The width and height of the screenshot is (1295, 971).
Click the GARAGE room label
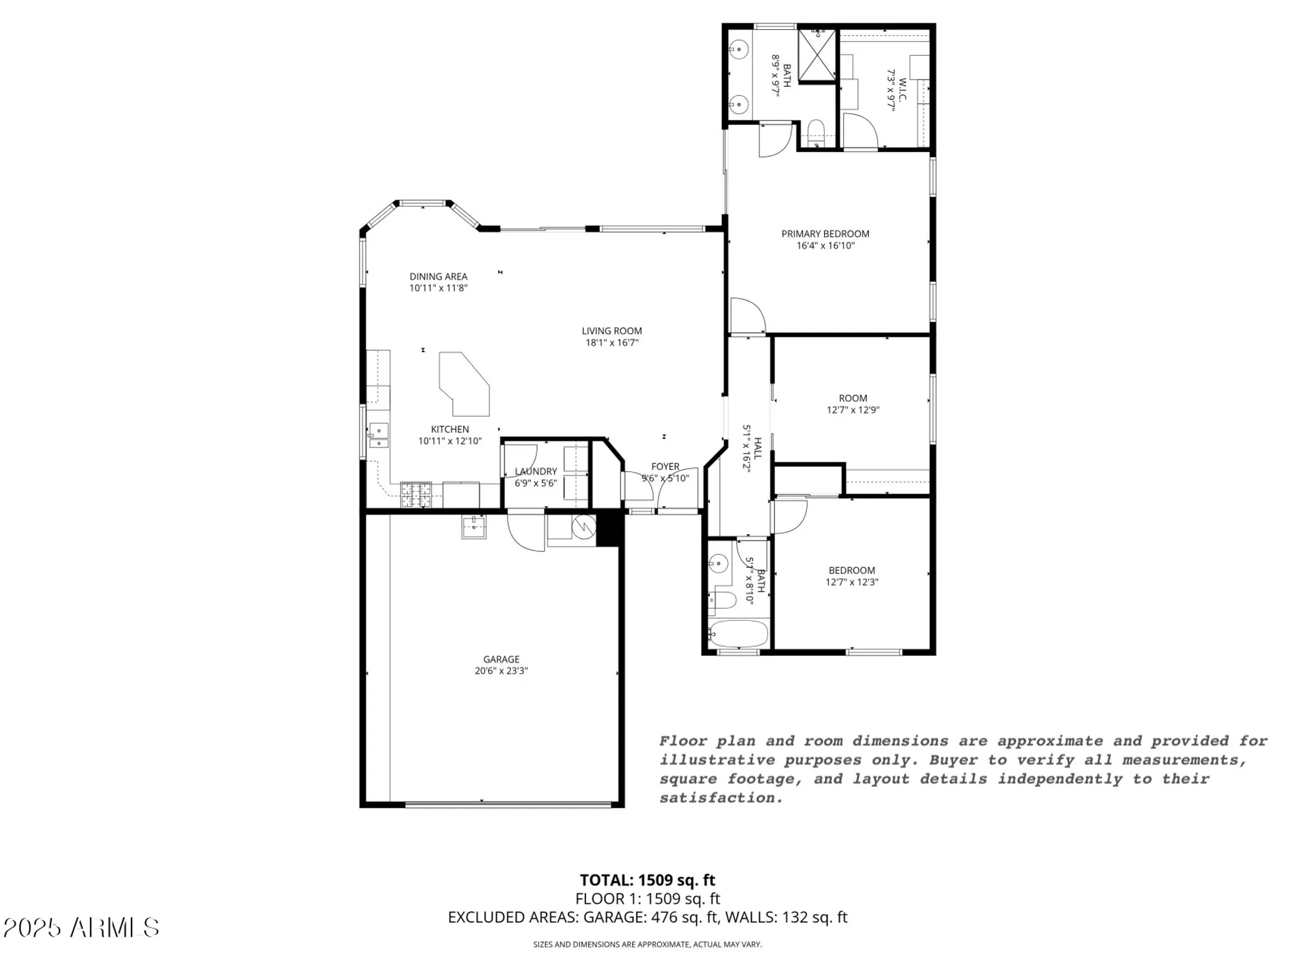pos(501,660)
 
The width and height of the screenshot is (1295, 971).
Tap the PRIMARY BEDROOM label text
pos(825,234)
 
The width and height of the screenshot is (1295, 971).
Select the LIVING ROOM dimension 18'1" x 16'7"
pos(612,343)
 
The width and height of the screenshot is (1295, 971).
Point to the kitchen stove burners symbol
pos(416,495)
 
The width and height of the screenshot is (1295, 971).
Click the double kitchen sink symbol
pos(379,436)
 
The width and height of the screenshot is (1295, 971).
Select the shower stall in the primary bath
pos(817,55)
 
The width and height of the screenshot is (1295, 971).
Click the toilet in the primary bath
pos(815,131)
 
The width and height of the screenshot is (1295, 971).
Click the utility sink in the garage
pos(474,526)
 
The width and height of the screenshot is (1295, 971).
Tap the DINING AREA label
pos(438,276)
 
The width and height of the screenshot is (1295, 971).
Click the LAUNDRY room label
pos(536,471)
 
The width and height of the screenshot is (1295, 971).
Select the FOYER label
pos(665,466)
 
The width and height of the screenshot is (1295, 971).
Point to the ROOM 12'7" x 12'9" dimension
pos(853,410)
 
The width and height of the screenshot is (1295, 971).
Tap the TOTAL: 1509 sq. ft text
pos(647,880)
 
